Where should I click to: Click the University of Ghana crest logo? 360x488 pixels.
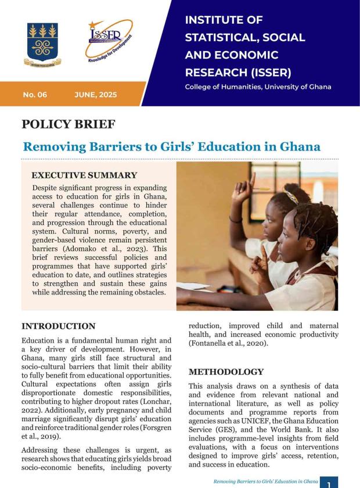[42, 44]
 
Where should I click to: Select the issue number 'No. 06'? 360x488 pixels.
[35, 94]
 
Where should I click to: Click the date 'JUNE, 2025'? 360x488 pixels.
[96, 94]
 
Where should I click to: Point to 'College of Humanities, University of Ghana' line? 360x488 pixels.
[258, 87]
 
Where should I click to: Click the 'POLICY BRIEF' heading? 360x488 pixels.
[68, 124]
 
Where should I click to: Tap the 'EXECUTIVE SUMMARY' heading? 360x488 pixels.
[84, 175]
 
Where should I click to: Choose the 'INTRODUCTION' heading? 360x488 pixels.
[58, 326]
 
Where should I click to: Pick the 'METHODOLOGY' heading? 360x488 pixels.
[226, 372]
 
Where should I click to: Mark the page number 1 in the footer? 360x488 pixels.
[329, 482]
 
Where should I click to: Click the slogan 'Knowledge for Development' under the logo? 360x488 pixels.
[110, 52]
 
